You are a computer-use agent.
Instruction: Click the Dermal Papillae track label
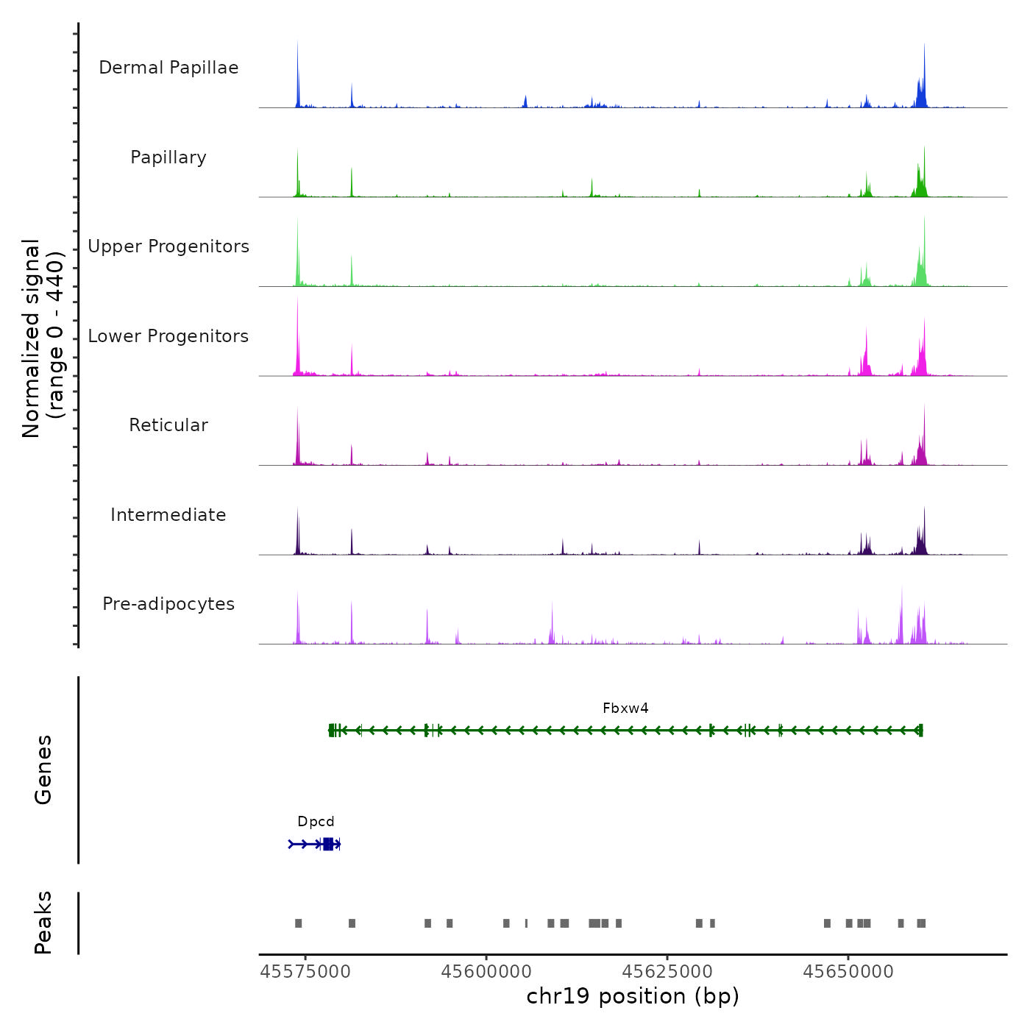pyautogui.click(x=168, y=68)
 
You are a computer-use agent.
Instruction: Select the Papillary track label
pyautogui.click(x=168, y=157)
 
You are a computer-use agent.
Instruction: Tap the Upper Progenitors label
pyautogui.click(x=168, y=246)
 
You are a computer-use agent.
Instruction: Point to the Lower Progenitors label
pyautogui.click(x=168, y=336)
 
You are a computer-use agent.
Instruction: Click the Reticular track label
pyautogui.click(x=168, y=425)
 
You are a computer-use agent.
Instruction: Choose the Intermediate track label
pyautogui.click(x=168, y=515)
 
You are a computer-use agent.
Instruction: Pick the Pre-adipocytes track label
pyautogui.click(x=168, y=604)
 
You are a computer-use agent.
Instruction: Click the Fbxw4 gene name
pyautogui.click(x=625, y=708)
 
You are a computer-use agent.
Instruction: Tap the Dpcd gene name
pyautogui.click(x=316, y=822)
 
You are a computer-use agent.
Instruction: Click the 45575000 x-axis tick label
pyautogui.click(x=305, y=972)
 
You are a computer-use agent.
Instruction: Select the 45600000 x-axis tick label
pyautogui.click(x=486, y=972)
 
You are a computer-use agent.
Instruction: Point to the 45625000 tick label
pyautogui.click(x=667, y=972)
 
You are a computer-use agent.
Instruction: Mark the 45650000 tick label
pyautogui.click(x=848, y=972)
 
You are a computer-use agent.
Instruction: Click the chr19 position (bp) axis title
pyautogui.click(x=633, y=996)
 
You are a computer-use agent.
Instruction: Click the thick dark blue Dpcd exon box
pyautogui.click(x=328, y=844)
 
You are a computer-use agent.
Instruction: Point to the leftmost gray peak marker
pyautogui.click(x=299, y=923)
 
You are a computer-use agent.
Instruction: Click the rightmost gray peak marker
pyautogui.click(x=921, y=923)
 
